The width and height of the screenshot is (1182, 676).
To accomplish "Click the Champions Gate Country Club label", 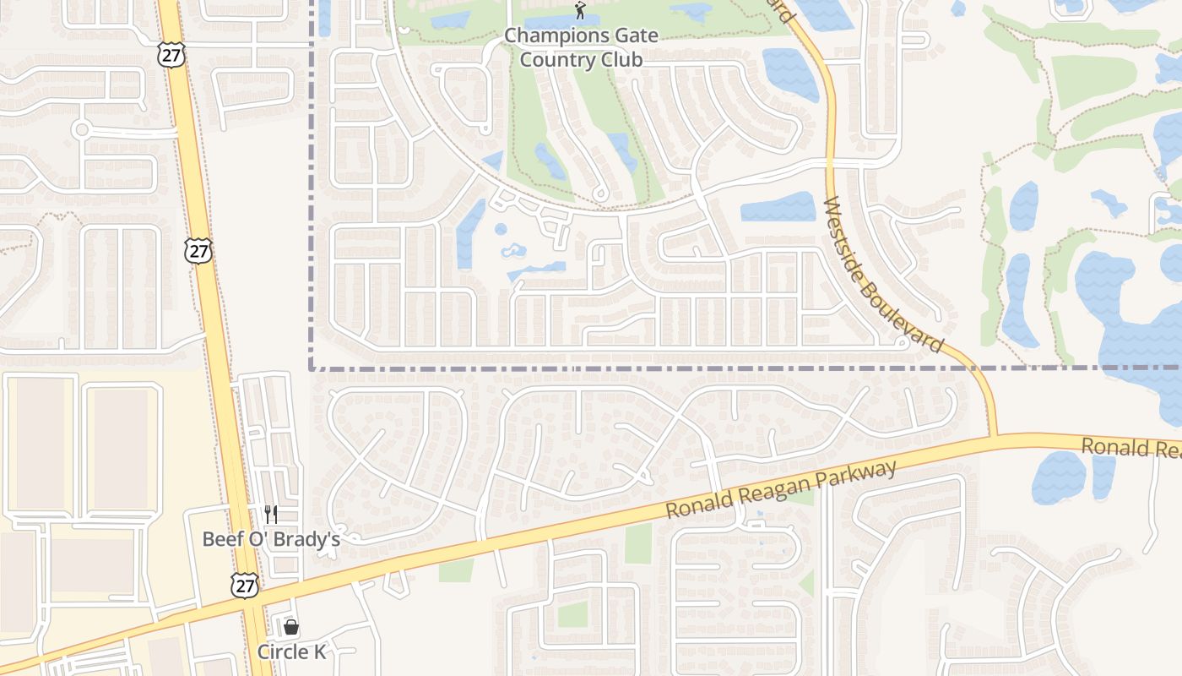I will pyautogui.click(x=581, y=47).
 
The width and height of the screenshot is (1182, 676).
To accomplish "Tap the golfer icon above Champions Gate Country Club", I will pyautogui.click(x=579, y=11).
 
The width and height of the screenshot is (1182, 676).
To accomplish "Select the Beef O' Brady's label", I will pyautogui.click(x=270, y=539).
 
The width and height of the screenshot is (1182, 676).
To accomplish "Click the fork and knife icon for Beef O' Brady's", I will pyautogui.click(x=270, y=514).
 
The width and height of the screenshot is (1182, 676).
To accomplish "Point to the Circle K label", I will pyautogui.click(x=291, y=651).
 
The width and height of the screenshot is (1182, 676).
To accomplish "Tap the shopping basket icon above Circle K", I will pyautogui.click(x=291, y=627).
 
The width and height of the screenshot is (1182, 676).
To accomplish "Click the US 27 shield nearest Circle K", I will pyautogui.click(x=244, y=586).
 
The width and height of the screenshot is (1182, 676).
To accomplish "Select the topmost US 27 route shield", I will pyautogui.click(x=170, y=54).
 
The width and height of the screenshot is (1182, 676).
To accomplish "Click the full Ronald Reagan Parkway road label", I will pyautogui.click(x=780, y=489).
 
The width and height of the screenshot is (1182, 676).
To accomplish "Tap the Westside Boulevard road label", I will pyautogui.click(x=882, y=275).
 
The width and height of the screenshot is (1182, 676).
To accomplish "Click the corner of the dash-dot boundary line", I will pyautogui.click(x=312, y=368).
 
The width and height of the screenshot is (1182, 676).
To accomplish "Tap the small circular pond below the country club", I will pyautogui.click(x=501, y=229).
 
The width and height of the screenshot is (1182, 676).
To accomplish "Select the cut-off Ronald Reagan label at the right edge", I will pyautogui.click(x=1131, y=448).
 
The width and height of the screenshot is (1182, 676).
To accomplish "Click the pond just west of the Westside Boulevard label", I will pyautogui.click(x=778, y=207).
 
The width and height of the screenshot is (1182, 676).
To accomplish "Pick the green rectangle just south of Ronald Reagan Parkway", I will pyautogui.click(x=638, y=543).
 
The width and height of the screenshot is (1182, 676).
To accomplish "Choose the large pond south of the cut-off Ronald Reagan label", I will pyautogui.click(x=1059, y=477).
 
